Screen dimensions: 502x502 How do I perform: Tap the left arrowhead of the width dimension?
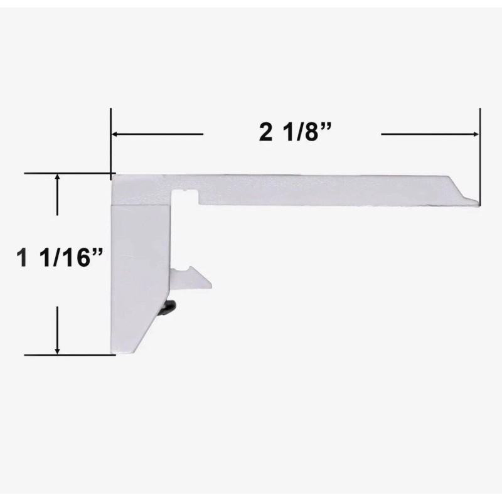tap(115, 134)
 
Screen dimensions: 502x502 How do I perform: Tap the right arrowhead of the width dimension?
tap(474, 134)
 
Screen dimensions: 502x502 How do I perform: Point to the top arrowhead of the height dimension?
tap(58, 178)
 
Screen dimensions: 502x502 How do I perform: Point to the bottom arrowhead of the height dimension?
tap(58, 350)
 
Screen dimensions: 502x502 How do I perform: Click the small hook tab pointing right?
tap(192, 278)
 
